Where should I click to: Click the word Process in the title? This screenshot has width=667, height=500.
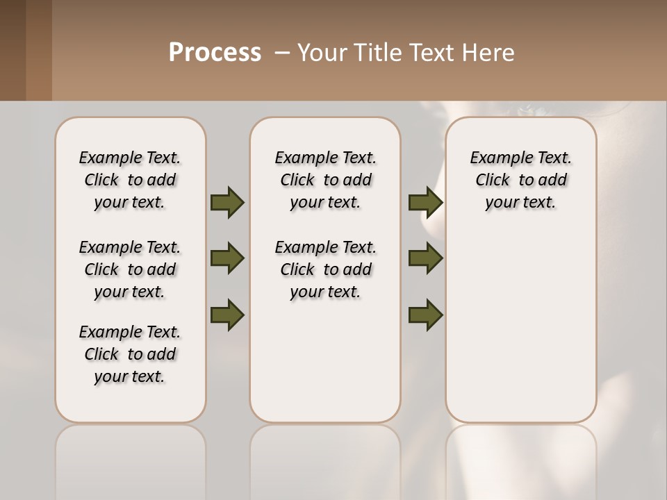[x=215, y=52]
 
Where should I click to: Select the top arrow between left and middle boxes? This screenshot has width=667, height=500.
[x=227, y=202]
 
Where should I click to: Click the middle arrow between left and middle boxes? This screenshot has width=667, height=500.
[x=227, y=258]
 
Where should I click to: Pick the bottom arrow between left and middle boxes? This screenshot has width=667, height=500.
[x=227, y=315]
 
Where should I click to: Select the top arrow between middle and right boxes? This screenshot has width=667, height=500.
[x=425, y=202]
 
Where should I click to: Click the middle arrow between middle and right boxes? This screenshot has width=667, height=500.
[x=425, y=258]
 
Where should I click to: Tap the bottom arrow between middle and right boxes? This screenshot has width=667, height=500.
[x=425, y=315]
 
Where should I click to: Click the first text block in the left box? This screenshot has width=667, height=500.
[x=130, y=180]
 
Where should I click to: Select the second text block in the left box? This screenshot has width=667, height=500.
[x=130, y=269]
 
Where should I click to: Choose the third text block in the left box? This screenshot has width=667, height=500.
[x=130, y=354]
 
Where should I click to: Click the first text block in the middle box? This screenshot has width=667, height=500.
[x=325, y=180]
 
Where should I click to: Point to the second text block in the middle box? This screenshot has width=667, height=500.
[x=325, y=269]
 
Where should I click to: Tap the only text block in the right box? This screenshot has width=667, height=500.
[x=520, y=180]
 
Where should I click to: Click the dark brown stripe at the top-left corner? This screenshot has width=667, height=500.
[x=13, y=50]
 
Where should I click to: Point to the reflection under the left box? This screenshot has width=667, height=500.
[x=130, y=458]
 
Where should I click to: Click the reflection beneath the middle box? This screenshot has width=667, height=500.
[x=325, y=458]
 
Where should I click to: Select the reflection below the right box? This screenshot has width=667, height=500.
[x=520, y=458]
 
